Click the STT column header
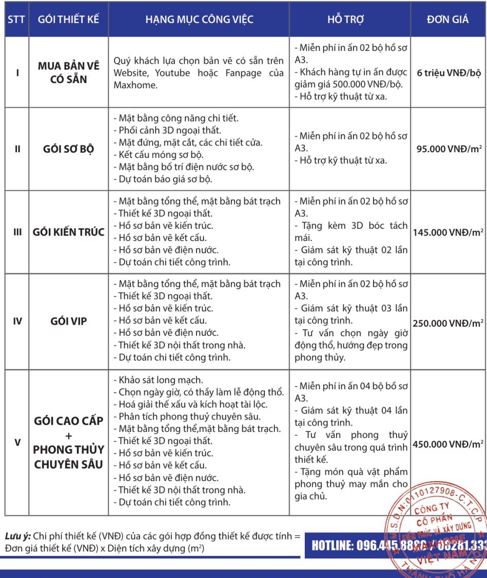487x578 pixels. coord(17,20)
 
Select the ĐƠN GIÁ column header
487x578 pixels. coord(448,20)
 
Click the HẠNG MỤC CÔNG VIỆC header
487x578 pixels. coord(199,20)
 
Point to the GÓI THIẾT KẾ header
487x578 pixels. coord(69,20)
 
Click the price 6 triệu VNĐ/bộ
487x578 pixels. coord(449,73)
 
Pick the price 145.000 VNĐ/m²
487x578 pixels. coord(449,232)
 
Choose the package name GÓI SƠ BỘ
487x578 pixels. coord(69,150)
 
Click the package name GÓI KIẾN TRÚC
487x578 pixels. coord(69,232)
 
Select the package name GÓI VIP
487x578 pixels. coord(69,322)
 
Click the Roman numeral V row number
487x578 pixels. coord(17,442)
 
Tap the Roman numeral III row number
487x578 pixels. coord(17,232)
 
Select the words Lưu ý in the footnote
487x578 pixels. coord(16,536)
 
